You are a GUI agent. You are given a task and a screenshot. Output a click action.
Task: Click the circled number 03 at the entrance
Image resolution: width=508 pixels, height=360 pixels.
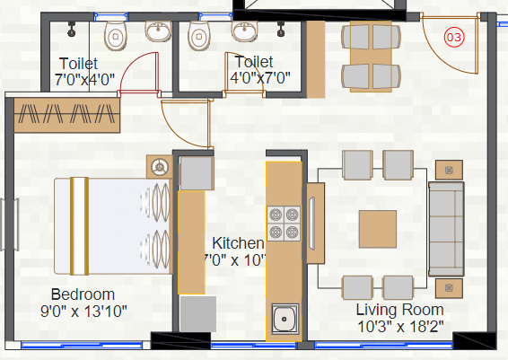click(455, 38)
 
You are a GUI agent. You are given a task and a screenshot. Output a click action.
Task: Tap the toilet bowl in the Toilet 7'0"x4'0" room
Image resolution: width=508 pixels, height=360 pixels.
click(116, 36)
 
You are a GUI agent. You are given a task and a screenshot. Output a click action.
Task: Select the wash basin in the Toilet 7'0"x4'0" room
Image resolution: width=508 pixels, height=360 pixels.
click(157, 33)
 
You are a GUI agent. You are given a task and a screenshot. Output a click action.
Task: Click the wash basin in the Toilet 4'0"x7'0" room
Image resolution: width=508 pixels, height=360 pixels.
click(242, 33)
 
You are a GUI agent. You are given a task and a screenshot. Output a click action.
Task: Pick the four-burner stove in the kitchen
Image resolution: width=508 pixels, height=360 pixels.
click(284, 224)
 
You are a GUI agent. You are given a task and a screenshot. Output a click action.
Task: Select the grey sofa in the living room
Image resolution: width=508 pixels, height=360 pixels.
click(444, 228)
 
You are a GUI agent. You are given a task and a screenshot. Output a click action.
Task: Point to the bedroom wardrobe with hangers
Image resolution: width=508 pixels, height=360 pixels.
click(66, 115)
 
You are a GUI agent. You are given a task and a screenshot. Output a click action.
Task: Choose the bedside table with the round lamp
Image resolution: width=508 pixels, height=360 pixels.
click(161, 166)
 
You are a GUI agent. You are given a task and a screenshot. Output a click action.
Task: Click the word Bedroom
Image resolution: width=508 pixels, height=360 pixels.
click(83, 294)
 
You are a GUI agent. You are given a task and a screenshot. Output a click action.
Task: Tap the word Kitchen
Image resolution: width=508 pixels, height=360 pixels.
click(238, 243)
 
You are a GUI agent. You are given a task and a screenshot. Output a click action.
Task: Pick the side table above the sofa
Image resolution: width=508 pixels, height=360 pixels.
click(448, 169)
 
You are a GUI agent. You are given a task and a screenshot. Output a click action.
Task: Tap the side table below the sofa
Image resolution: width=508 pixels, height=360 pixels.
click(448, 287)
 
